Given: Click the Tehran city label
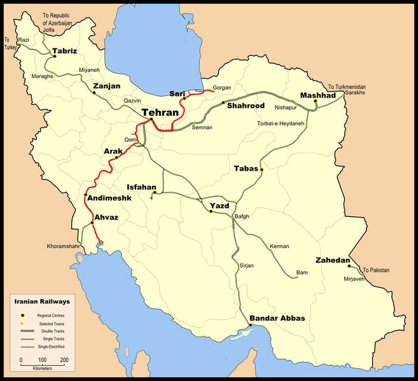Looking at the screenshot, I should tap(160, 112).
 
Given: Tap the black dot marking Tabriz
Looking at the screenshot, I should tap(55, 56).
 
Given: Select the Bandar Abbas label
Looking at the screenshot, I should tap(277, 317).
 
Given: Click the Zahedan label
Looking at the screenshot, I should tap(332, 260).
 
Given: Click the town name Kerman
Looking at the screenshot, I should tap(279, 246).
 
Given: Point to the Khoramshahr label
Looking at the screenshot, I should tap(64, 246).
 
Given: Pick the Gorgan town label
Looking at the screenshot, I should tap(221, 87).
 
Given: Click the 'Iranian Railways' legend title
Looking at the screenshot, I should tap(43, 300).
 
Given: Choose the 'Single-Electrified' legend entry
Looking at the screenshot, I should tap(55, 347).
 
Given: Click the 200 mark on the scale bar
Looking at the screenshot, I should tap(64, 360).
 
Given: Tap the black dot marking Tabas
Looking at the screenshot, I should tap(261, 170).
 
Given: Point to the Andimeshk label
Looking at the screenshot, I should tap(108, 198).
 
